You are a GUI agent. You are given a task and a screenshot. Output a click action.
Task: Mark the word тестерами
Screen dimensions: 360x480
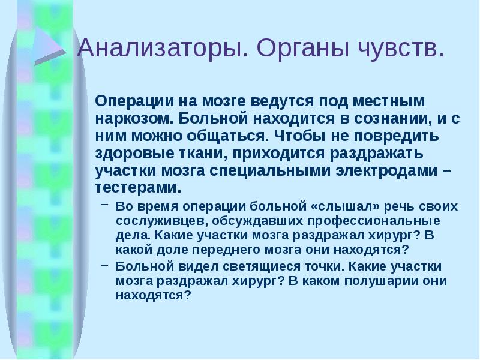click(137, 187)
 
